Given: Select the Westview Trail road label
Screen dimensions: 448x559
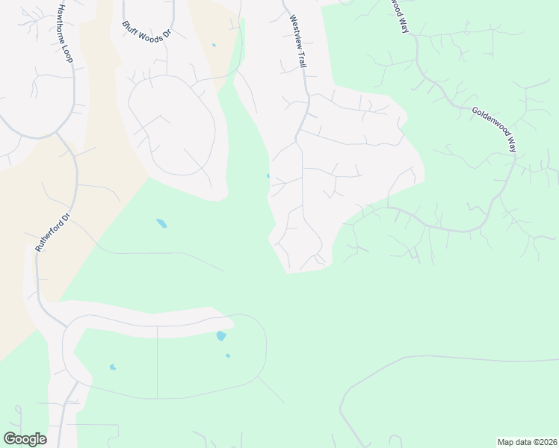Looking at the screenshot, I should [x=297, y=43].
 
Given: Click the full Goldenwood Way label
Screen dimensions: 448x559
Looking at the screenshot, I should [x=494, y=128].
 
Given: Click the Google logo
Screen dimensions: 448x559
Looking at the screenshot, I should [x=25, y=438].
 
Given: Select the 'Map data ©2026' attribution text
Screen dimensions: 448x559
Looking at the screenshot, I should [x=527, y=441].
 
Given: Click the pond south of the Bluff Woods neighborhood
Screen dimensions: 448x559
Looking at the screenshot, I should [x=161, y=223].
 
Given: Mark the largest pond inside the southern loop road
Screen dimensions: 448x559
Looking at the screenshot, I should [x=220, y=336].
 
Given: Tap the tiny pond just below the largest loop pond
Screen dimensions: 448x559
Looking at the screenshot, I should [x=228, y=355].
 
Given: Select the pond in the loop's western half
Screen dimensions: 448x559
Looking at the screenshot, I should [x=113, y=367].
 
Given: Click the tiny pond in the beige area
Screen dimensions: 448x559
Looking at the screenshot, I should [x=214, y=45].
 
